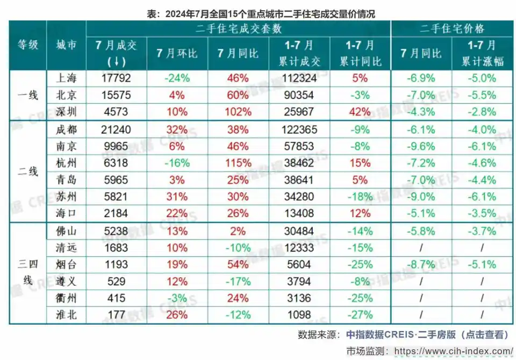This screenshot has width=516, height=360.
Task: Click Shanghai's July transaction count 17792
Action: pos(116,78)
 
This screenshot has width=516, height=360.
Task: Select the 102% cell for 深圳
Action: pos(238,112)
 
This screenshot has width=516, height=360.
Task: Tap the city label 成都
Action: pos(66,129)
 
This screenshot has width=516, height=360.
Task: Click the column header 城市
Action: pos(66,46)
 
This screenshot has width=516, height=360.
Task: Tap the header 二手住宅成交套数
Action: pos(238,29)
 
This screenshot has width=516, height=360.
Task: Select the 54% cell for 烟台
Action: pos(238,264)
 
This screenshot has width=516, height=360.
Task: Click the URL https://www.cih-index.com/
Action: pos(454,351)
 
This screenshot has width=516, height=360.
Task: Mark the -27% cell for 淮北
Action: pos(360,314)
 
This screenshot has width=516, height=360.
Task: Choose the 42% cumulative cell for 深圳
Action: pos(360,112)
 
